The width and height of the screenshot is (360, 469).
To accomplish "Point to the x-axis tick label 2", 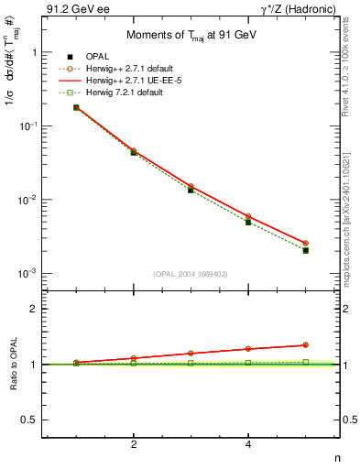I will coord(134,445).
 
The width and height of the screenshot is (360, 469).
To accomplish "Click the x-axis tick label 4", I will coord(248,445).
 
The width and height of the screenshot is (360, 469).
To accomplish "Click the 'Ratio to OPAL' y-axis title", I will coord(13,365).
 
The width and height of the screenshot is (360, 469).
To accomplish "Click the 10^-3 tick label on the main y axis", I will coord(27,274).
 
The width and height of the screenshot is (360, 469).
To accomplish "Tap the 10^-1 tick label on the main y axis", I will coord(27,126).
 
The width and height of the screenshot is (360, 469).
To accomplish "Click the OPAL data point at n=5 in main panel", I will coord(306,250).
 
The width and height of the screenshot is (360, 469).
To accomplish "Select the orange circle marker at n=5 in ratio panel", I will coord(306,345).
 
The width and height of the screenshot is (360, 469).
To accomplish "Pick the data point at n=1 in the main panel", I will coord(76,107).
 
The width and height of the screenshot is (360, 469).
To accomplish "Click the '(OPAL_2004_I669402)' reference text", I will coord(191,273).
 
